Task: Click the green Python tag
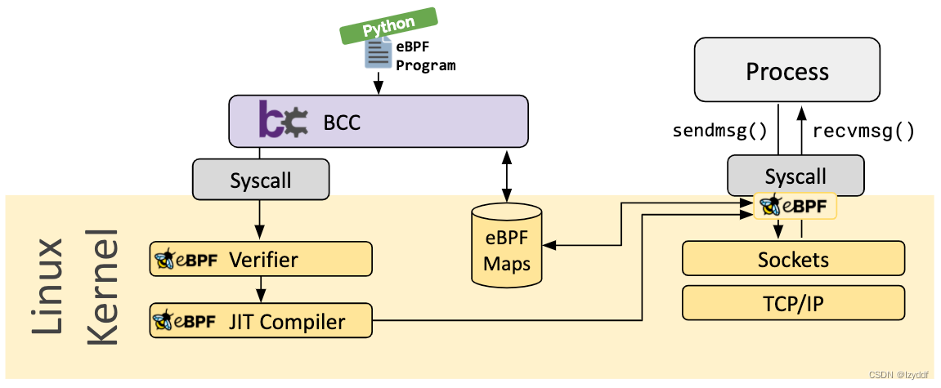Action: coord(389,25)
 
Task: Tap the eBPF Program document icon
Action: coord(378,55)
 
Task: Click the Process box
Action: coord(786,71)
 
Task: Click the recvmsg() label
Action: coord(864,131)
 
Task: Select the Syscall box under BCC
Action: coord(261,180)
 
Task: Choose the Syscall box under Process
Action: coord(795,176)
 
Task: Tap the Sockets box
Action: coord(793,260)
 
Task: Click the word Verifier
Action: coord(263,260)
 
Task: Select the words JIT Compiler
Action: coord(287,322)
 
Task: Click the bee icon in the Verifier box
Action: coord(164,261)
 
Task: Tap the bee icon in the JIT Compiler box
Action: coord(164,322)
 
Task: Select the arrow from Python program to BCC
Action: coord(378,83)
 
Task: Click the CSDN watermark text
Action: coord(898,375)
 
